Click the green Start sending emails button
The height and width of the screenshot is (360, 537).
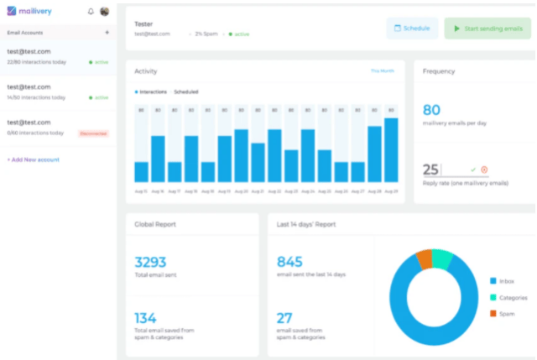488,29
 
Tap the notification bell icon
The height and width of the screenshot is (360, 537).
91,12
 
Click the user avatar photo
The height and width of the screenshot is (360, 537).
105,12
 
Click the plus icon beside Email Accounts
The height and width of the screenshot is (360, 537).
107,32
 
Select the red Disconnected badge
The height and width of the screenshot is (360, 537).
93,133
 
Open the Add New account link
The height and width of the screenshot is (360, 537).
33,159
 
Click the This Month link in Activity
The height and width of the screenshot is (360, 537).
383,71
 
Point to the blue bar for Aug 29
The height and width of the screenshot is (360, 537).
390,150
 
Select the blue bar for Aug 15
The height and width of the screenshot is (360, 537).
141,171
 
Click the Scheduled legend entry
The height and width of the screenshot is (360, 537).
185,91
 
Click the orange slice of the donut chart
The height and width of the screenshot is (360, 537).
424,259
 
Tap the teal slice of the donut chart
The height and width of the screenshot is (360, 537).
442,257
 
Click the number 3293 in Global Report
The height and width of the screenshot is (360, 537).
152,261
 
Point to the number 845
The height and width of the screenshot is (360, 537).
289,261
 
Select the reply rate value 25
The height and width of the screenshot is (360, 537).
431,170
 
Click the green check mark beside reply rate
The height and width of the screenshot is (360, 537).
473,170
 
